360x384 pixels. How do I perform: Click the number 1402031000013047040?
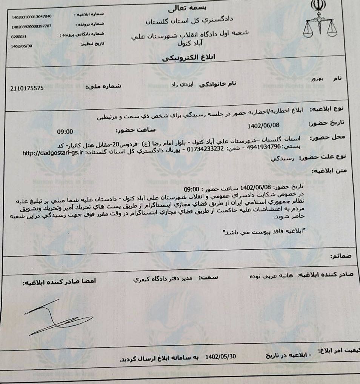[x=32, y=17]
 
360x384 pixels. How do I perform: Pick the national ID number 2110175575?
[x=28, y=88]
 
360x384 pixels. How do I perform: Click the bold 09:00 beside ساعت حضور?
[x=65, y=132]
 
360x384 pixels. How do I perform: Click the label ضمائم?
[x=342, y=256]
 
